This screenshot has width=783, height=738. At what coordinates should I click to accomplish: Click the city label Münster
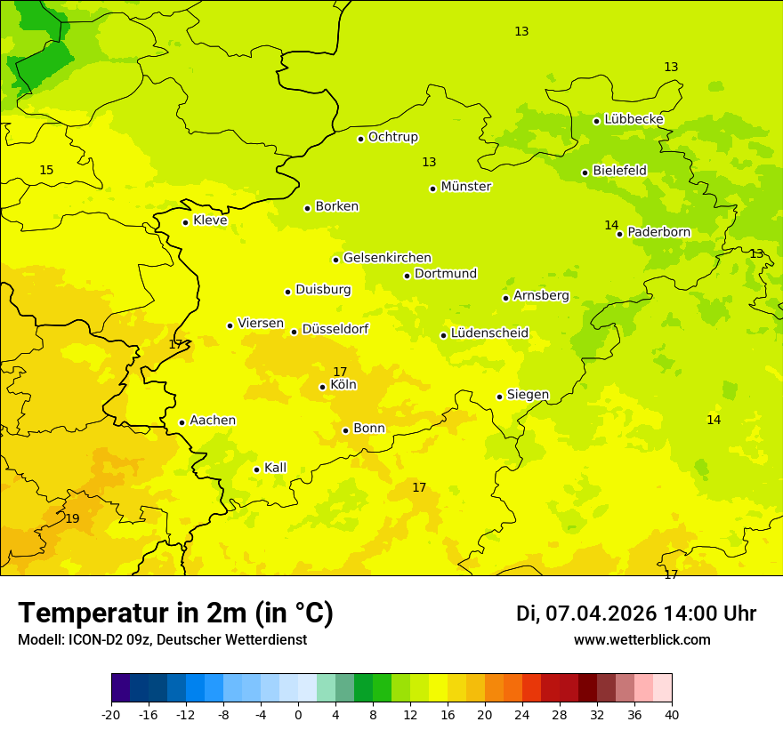(465, 187)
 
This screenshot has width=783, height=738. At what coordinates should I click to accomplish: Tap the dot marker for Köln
(322, 387)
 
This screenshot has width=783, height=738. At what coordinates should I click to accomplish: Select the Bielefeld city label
(619, 170)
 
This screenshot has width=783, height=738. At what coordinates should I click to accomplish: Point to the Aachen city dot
(182, 422)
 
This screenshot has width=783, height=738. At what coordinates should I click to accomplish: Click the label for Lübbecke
(634, 119)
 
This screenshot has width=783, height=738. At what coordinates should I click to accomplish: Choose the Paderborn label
(658, 232)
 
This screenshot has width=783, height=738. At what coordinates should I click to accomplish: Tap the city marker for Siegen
(499, 397)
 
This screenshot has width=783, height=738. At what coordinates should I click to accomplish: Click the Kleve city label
(210, 221)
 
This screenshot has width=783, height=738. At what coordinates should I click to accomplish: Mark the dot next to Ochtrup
(360, 139)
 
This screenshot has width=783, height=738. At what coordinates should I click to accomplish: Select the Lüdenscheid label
(489, 333)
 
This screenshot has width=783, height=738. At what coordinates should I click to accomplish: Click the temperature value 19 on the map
(72, 518)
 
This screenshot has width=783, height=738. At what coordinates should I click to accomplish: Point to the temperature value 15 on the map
(46, 170)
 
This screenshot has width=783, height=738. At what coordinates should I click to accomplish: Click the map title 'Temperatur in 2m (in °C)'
(175, 613)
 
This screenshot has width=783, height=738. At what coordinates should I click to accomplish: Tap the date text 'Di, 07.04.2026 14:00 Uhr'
(636, 614)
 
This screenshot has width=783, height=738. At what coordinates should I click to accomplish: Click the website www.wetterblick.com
(642, 639)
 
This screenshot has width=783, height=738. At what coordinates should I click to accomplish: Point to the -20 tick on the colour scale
(111, 715)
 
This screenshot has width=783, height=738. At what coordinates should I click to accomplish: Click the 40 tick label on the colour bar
(672, 715)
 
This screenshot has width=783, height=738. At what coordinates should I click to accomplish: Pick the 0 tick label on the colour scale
(298, 715)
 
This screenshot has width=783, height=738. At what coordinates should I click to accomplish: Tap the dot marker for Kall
(256, 469)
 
